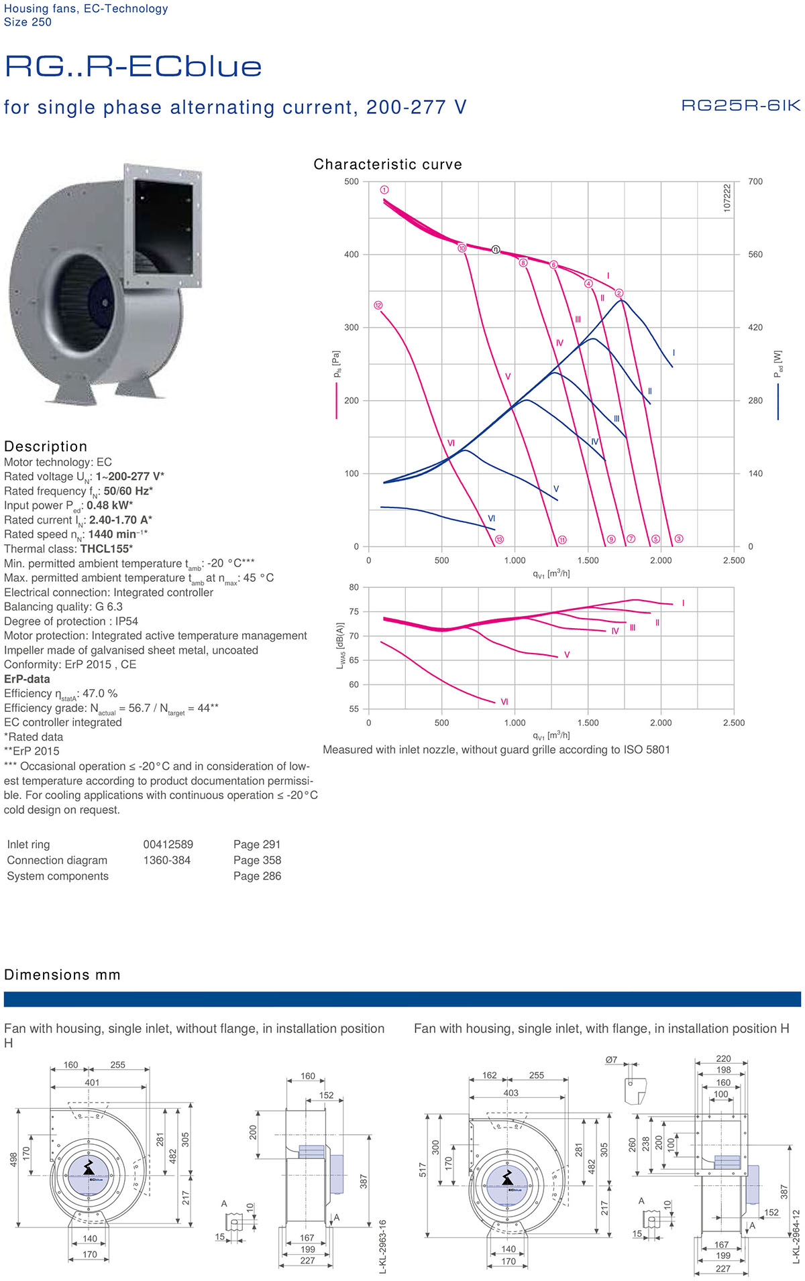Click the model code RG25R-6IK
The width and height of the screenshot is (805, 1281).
[x=741, y=105]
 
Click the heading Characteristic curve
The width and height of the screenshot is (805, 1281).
[x=387, y=164]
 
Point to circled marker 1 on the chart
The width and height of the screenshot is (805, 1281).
[x=384, y=190]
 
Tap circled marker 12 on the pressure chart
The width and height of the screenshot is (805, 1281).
[x=378, y=305]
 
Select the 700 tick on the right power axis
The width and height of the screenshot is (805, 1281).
[x=755, y=182]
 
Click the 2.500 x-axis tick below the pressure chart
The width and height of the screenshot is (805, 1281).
[x=733, y=560]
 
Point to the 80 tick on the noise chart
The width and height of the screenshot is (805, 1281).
[x=354, y=587]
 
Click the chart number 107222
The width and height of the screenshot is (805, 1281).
[x=727, y=198]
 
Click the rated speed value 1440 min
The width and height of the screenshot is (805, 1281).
[x=117, y=534]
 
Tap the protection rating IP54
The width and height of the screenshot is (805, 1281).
[x=126, y=621]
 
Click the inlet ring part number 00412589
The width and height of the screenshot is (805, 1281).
[x=168, y=845]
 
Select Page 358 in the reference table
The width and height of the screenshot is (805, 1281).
[x=257, y=860]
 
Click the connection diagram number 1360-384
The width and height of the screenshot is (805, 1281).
[x=166, y=860]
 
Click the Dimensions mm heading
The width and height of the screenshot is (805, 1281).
[x=62, y=975]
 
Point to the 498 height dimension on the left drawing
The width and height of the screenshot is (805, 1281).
[x=13, y=1160]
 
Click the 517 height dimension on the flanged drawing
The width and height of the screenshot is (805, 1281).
[x=423, y=1169]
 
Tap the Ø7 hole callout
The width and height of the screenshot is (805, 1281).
[x=611, y=1060]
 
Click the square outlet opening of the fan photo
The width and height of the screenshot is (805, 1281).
[x=163, y=226]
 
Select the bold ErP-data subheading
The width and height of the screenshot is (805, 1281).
[x=27, y=679]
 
